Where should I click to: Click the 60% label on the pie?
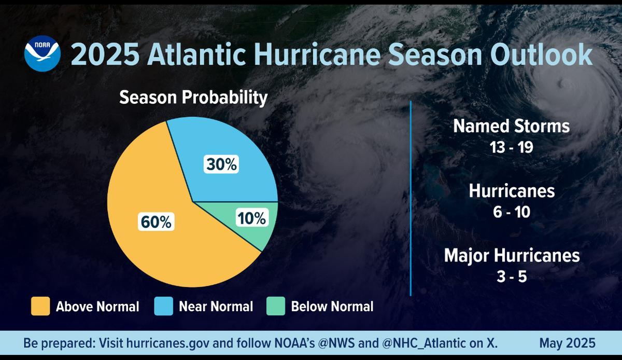[155, 223]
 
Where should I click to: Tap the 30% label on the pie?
[221, 165]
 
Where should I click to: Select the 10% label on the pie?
[251, 218]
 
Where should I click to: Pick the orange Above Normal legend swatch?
[40, 306]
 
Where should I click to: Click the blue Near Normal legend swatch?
[163, 306]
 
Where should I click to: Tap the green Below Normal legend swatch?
[276, 306]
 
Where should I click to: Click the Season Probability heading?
[194, 98]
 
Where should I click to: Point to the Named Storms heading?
[512, 126]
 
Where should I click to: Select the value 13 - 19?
[512, 147]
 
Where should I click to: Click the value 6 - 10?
[512, 212]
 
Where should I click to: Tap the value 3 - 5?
[512, 276]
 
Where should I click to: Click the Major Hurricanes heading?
[512, 255]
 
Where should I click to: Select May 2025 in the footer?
[567, 343]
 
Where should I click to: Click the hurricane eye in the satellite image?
[561, 83]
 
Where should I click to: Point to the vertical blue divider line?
[411, 197]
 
